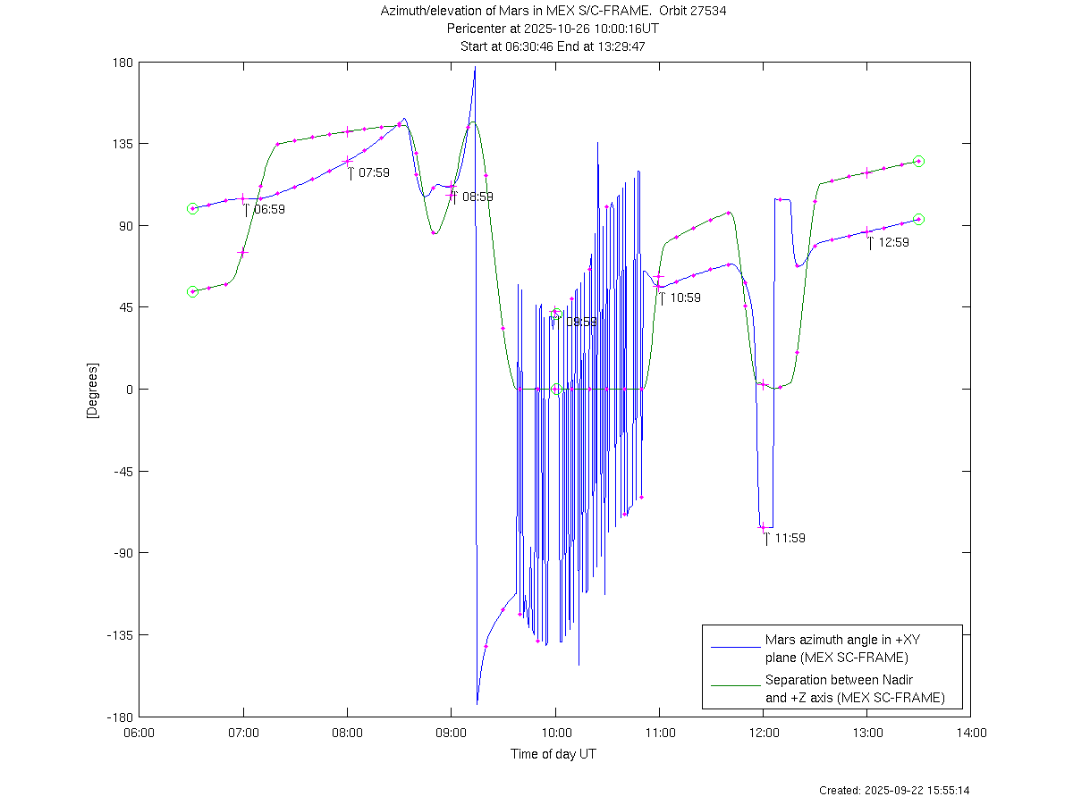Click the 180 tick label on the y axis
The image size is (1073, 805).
point(123,63)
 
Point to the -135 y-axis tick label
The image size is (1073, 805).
point(119,635)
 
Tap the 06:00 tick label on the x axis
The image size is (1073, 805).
point(139,734)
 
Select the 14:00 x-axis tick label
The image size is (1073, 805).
point(971,734)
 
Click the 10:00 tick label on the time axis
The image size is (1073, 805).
point(555,734)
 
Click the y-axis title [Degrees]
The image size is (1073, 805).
point(91,390)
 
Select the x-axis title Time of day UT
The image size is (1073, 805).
point(553,754)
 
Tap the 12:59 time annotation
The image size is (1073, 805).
point(893,242)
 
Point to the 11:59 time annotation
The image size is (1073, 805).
point(790,538)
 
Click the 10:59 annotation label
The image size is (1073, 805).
point(685,298)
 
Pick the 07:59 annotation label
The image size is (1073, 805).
point(374,172)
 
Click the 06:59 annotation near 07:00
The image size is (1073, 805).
point(269,209)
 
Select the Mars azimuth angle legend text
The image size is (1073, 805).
point(836,649)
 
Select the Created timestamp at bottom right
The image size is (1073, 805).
point(894,791)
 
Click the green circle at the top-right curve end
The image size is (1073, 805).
point(918,162)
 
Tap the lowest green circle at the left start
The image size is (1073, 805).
point(192,292)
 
